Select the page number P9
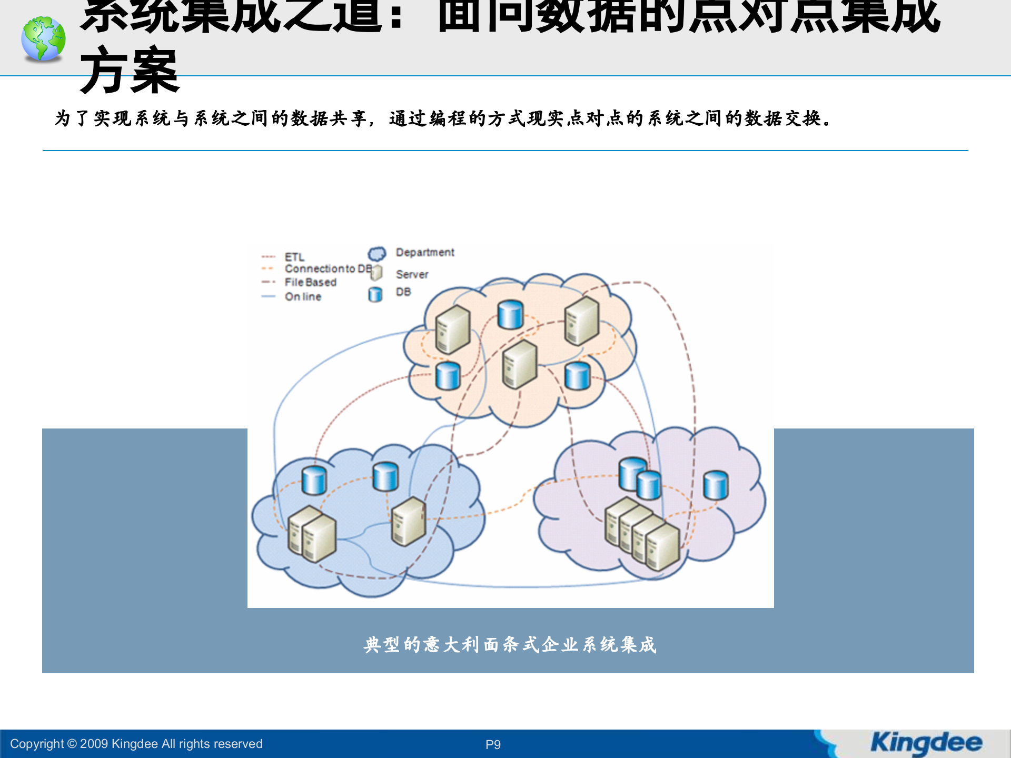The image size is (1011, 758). (493, 744)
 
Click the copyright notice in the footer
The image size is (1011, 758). (136, 744)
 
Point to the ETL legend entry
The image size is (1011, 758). (294, 257)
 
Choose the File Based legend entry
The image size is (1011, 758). (310, 282)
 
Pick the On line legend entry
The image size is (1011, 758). (303, 296)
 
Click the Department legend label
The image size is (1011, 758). (425, 253)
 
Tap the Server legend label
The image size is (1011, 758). (412, 274)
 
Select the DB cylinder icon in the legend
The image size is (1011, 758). (375, 294)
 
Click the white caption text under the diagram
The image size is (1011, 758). (510, 644)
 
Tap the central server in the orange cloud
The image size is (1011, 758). (519, 364)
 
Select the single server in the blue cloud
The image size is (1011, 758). (408, 521)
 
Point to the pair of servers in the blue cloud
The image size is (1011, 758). (312, 534)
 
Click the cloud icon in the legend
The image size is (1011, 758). (376, 254)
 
